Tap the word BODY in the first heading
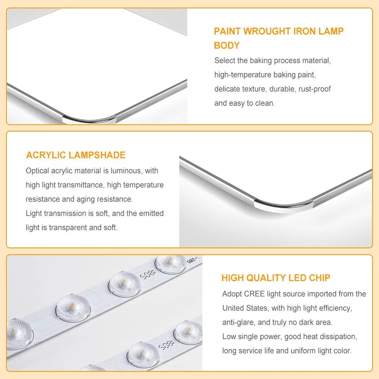coord(227,45)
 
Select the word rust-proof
coord(315,89)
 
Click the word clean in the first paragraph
coord(265,103)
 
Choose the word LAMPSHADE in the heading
coord(97,155)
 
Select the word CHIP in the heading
coord(319,278)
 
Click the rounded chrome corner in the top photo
coord(90,119)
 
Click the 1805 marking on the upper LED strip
coord(147,275)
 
